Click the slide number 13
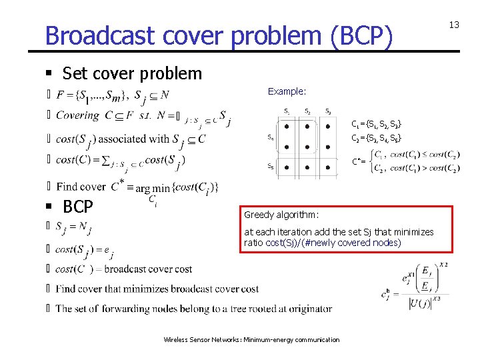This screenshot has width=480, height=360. tap(454, 25)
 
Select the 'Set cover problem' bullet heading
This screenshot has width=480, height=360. tap(132, 73)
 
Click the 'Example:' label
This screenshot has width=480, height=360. tap(287, 91)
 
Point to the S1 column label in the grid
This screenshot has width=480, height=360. tap(286, 111)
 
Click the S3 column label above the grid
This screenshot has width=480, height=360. tap(328, 111)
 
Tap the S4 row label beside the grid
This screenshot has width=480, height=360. tap(270, 138)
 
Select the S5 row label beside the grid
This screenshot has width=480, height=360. tap(270, 166)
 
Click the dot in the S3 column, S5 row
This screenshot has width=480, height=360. tap(328, 167)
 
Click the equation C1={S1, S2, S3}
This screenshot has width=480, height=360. tap(377, 124)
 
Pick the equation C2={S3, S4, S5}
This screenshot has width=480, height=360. tap(377, 138)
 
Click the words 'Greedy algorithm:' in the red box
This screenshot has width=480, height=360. tap(281, 215)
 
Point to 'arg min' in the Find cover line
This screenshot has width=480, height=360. tap(153, 189)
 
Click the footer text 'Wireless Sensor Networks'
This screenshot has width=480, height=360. tap(203, 340)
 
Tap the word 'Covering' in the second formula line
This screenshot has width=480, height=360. tap(77, 115)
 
